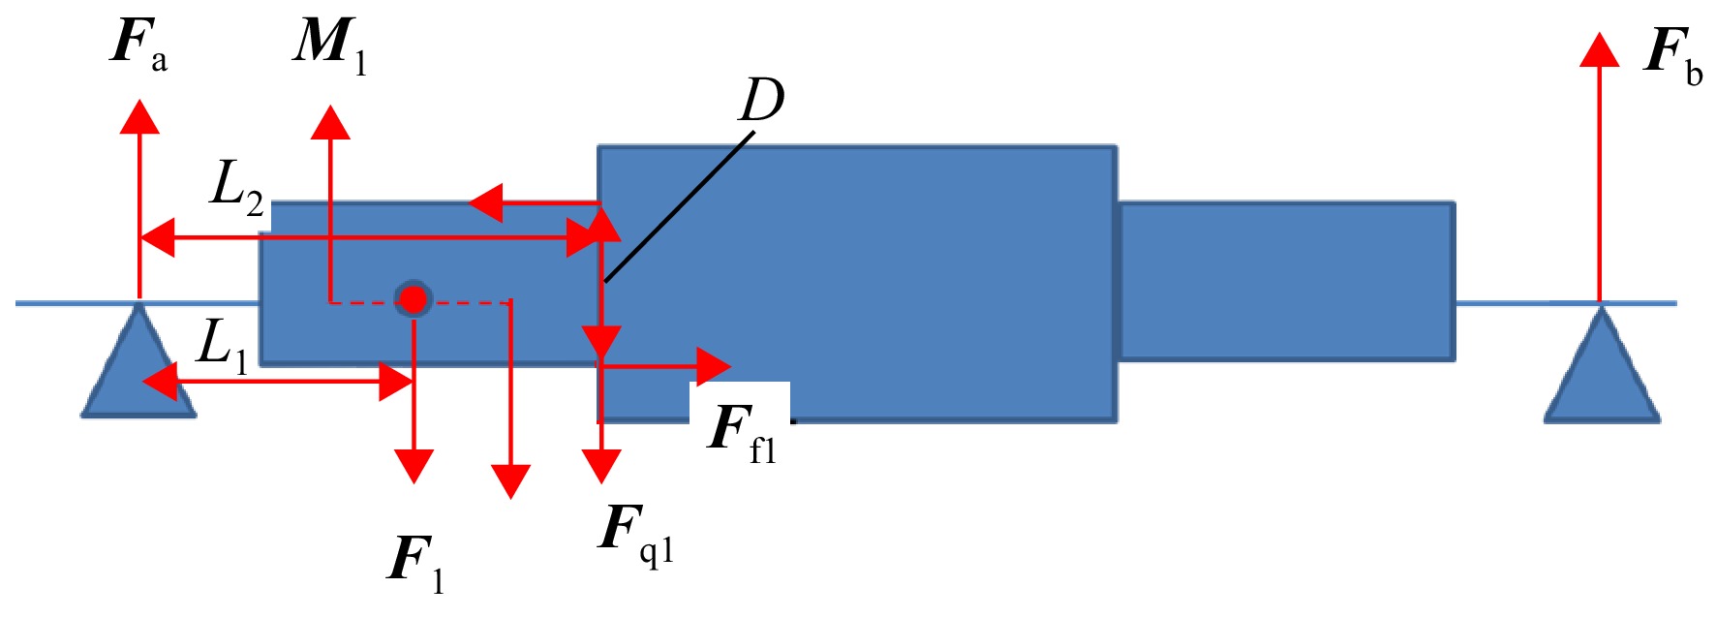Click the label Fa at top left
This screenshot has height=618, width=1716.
click(x=139, y=45)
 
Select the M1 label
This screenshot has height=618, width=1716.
click(x=330, y=45)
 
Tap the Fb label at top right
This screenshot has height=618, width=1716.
click(x=1673, y=56)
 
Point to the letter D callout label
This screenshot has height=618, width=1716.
click(x=762, y=100)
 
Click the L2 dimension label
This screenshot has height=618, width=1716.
click(x=237, y=187)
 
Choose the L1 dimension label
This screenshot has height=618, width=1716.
click(x=223, y=347)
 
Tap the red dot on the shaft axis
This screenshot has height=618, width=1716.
click(x=414, y=300)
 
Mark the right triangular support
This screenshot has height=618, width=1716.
click(x=1602, y=363)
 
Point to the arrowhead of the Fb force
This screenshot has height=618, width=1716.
click(x=1600, y=50)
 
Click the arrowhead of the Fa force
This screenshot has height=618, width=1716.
click(x=140, y=115)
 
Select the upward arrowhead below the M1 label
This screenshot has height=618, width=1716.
click(x=330, y=123)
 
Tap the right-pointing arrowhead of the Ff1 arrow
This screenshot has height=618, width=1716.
click(x=715, y=366)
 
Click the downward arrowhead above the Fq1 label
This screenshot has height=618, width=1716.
click(x=601, y=466)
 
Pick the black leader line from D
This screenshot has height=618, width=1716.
click(x=678, y=207)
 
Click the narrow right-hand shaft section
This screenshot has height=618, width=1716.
click(x=1286, y=282)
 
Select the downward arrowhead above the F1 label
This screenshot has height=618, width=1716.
click(x=414, y=467)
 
